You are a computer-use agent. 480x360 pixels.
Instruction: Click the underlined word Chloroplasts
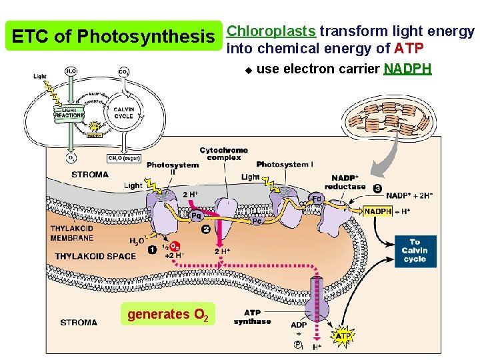click(x=271, y=31)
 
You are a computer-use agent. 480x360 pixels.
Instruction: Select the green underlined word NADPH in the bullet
click(x=407, y=69)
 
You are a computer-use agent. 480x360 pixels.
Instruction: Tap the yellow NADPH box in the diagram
click(x=378, y=211)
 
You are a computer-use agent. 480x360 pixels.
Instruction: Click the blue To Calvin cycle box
click(x=415, y=251)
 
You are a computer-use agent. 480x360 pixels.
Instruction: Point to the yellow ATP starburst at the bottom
click(x=343, y=337)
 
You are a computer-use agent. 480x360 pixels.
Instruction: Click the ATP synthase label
click(x=253, y=317)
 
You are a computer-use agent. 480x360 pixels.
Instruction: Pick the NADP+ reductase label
click(x=345, y=182)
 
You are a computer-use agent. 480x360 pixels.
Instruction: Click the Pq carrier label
click(x=197, y=215)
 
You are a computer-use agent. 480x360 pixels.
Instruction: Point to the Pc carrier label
click(x=256, y=221)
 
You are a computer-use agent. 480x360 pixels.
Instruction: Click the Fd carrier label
click(x=318, y=198)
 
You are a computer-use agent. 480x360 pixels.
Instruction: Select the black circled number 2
click(x=207, y=229)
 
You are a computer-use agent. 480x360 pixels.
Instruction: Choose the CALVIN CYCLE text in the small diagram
click(x=123, y=112)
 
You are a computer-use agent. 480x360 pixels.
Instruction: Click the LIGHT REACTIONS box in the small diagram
click(x=69, y=112)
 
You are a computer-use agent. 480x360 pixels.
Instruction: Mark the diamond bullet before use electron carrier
click(x=246, y=69)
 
